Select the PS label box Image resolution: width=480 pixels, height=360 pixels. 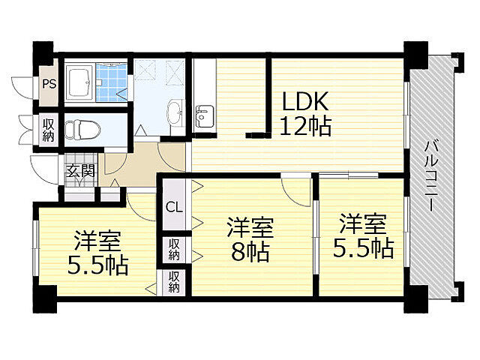point(49,84)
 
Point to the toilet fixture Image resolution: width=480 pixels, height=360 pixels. point(75,129)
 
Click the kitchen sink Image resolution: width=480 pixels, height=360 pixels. point(203,115)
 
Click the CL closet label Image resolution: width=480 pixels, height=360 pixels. point(172,207)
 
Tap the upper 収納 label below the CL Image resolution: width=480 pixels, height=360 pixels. point(172,248)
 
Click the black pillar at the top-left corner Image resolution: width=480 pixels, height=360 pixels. point(43,55)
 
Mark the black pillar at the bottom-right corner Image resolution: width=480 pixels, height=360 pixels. point(414,304)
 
